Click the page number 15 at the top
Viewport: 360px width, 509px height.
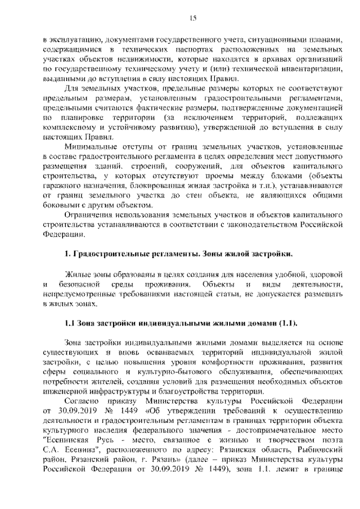click(192, 19)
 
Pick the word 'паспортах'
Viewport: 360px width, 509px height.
click(203, 49)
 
